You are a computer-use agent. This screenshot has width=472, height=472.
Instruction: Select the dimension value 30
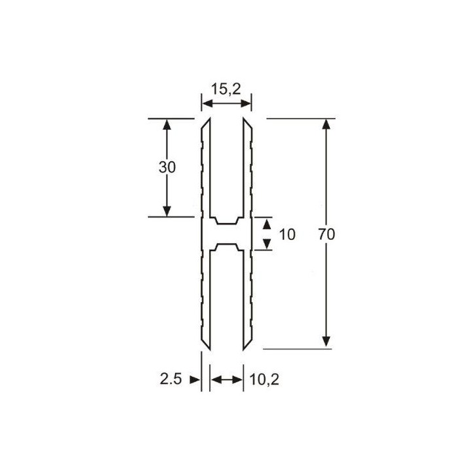pos(167,167)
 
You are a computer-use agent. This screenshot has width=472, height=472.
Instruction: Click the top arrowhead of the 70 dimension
pos(326,125)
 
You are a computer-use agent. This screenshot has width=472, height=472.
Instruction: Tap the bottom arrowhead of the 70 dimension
pos(326,342)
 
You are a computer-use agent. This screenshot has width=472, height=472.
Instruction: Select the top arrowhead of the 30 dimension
pos(167,125)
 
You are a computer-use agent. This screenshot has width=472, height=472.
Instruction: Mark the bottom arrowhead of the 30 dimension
pos(167,210)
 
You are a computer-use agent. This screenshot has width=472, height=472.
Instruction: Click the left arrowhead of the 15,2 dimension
pos(205,104)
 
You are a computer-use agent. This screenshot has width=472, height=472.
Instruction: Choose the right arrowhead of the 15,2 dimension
pos(247,104)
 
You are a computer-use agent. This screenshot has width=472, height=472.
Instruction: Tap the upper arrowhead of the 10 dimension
pos(267,224)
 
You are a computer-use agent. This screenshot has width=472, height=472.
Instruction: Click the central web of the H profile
pos(226,234)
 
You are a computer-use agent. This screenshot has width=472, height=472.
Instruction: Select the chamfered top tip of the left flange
pos(205,124)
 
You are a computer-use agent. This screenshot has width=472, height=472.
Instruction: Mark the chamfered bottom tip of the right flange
pos(247,345)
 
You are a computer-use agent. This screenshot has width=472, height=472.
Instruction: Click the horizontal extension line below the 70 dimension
pos(298,349)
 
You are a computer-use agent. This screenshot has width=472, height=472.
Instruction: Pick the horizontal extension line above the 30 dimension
pos(170,119)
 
